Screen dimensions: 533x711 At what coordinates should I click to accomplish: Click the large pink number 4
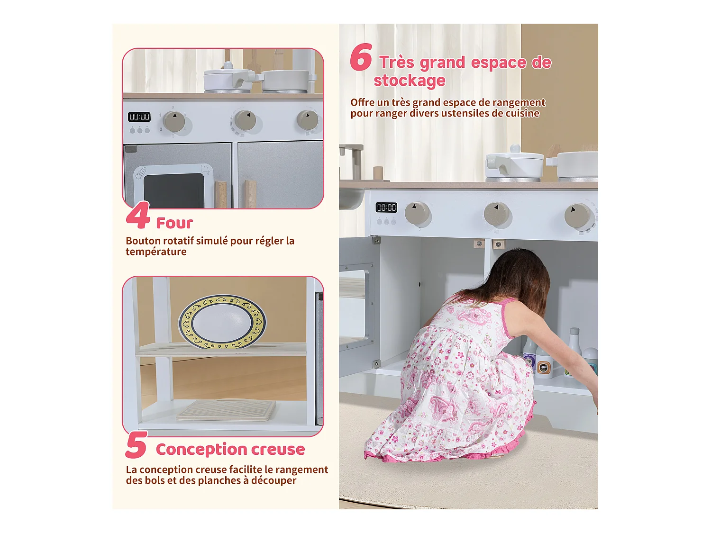click(x=138, y=216)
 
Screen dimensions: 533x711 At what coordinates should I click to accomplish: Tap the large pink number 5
click(x=137, y=445)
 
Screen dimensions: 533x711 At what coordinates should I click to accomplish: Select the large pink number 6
click(x=361, y=57)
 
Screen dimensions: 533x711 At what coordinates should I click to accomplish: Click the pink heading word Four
click(x=174, y=223)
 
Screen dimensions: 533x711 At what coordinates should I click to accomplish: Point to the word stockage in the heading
click(x=410, y=81)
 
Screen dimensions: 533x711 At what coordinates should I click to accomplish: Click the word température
click(x=156, y=252)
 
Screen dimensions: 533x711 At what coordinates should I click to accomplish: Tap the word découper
click(x=273, y=480)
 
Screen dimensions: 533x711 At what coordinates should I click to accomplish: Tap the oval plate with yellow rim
click(x=222, y=322)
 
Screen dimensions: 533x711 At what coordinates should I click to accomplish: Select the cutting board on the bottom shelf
click(x=226, y=410)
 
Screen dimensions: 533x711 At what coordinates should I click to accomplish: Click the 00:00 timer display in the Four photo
click(x=139, y=117)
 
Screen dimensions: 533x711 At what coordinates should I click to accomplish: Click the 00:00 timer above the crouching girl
click(x=386, y=208)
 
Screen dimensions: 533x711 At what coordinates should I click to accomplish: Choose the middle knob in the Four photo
click(x=245, y=120)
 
